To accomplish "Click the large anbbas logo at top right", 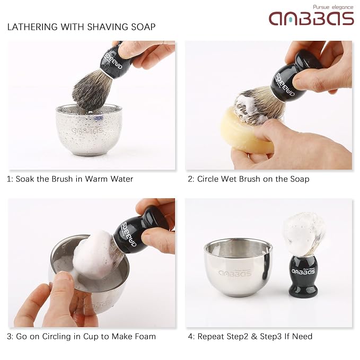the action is [311, 19].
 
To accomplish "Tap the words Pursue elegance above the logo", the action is [333, 7].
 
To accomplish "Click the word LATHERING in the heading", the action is [32, 27].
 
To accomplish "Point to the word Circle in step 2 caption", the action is [208, 179].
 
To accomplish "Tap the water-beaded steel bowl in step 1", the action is [89, 129].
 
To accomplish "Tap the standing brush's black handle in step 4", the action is [303, 276].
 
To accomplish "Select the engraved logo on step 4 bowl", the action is [235, 273].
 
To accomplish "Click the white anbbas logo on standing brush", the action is [303, 271].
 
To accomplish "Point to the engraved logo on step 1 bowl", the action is [87, 130].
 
